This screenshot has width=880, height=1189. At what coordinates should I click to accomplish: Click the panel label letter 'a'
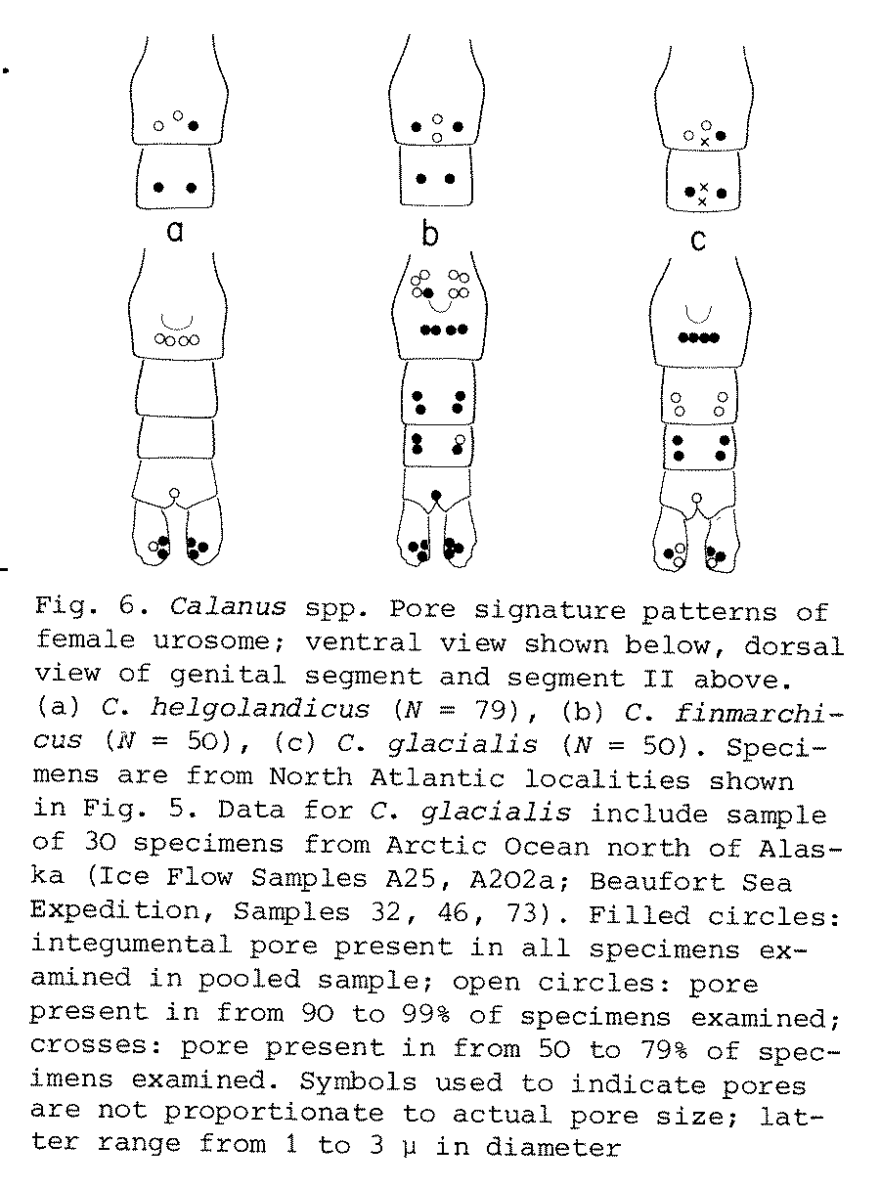[176, 232]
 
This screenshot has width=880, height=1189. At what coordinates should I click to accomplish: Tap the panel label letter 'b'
[430, 234]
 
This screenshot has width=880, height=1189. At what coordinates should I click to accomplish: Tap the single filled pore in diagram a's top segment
[194, 126]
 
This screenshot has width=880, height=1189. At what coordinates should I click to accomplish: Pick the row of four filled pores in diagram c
[699, 338]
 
